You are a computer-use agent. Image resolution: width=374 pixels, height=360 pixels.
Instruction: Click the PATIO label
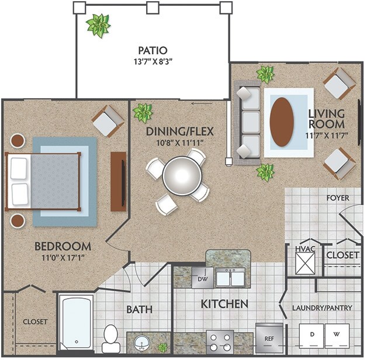point(153,50)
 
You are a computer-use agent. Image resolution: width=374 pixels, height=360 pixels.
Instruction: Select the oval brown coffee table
point(282,122)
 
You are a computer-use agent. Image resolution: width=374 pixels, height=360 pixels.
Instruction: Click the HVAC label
point(304,250)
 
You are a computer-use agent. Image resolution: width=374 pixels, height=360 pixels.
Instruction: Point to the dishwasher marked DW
point(203,278)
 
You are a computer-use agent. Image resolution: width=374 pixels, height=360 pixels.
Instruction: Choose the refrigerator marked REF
point(269,338)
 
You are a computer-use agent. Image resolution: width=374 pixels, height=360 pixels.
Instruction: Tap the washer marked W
point(337,335)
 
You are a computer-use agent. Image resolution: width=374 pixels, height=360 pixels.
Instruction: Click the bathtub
point(77,322)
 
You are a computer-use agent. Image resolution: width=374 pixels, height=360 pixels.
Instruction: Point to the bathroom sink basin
point(141,341)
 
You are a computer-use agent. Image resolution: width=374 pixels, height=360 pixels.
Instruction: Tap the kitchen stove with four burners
point(220,341)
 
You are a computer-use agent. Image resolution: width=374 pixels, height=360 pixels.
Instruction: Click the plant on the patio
point(98,26)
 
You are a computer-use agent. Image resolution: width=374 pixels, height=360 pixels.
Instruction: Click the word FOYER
point(338,198)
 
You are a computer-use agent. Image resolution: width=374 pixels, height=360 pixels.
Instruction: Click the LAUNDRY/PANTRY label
point(322,307)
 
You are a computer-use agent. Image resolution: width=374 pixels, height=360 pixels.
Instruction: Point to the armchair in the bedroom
point(108,120)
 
